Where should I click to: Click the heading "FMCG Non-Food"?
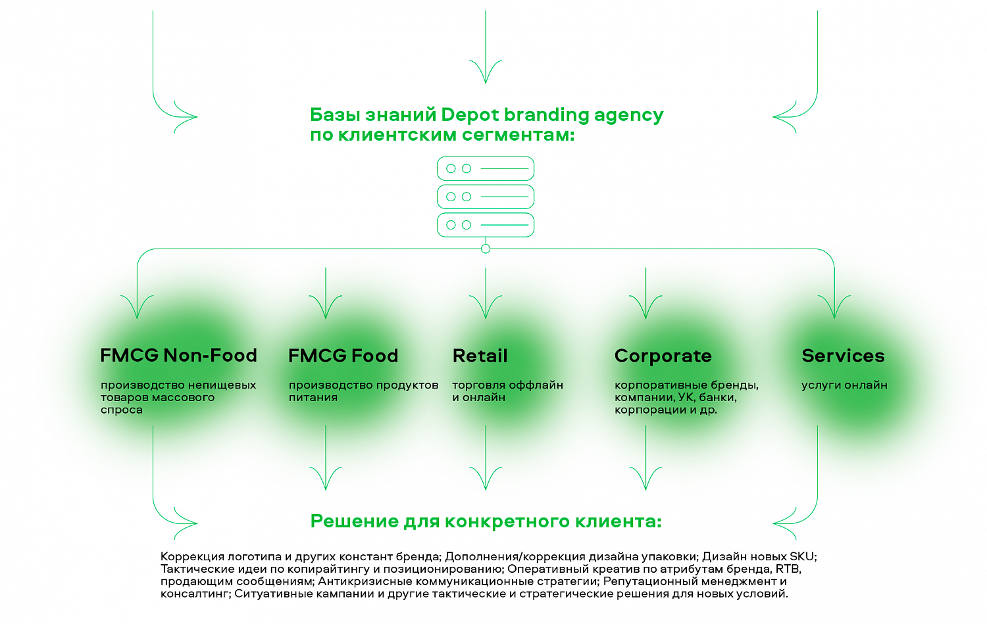[x=178, y=355]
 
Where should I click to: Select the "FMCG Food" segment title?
[x=343, y=356]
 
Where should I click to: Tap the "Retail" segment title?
[x=480, y=356]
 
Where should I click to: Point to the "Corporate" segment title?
[x=663, y=356]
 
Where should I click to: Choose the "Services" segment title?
[x=843, y=356]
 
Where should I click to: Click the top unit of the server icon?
[x=486, y=169]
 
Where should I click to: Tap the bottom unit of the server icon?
[x=486, y=225]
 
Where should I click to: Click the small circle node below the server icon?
[x=486, y=249]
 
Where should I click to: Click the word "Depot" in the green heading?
[x=470, y=115]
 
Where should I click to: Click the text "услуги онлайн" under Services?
[x=844, y=385]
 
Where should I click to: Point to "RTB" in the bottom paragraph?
[x=787, y=569]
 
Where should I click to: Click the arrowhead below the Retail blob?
[x=486, y=478]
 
